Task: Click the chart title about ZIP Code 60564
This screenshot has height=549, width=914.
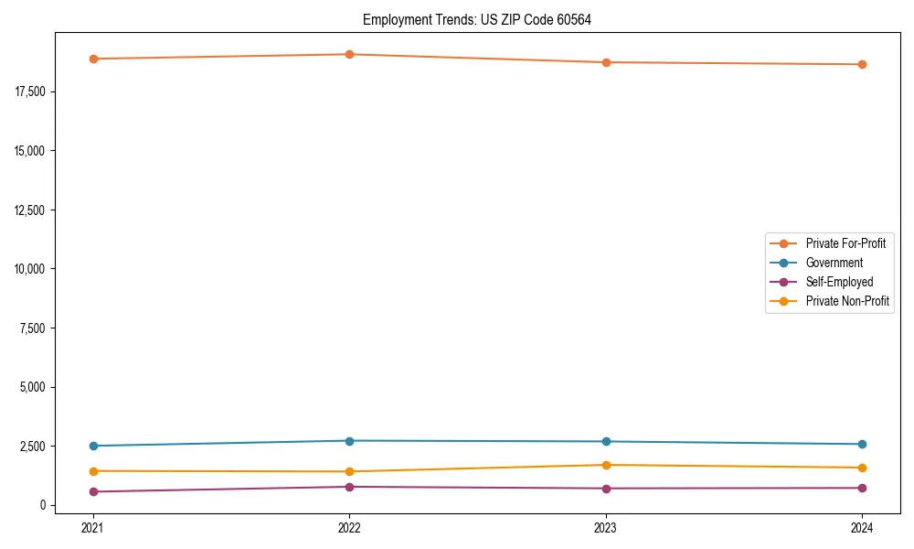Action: [476, 19]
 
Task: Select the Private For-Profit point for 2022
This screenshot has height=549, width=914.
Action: [349, 54]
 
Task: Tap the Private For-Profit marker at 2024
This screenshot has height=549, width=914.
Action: [862, 64]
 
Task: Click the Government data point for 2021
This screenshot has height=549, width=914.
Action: [92, 446]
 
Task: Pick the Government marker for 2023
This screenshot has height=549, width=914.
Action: [606, 442]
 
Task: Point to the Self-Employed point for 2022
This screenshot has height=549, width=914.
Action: [349, 487]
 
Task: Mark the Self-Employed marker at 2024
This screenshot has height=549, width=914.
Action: [862, 488]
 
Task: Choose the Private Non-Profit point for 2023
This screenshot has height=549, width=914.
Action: [606, 465]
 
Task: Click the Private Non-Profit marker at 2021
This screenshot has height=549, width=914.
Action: [92, 471]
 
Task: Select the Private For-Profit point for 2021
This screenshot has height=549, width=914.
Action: [92, 59]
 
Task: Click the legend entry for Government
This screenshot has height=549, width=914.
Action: [834, 263]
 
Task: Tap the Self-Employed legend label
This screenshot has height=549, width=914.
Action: [839, 282]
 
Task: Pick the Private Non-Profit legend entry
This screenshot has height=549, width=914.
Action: [847, 301]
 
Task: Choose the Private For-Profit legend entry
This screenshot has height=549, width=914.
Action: [845, 243]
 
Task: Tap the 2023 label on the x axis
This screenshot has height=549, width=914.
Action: [606, 527]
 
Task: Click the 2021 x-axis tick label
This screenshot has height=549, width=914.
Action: [92, 527]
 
